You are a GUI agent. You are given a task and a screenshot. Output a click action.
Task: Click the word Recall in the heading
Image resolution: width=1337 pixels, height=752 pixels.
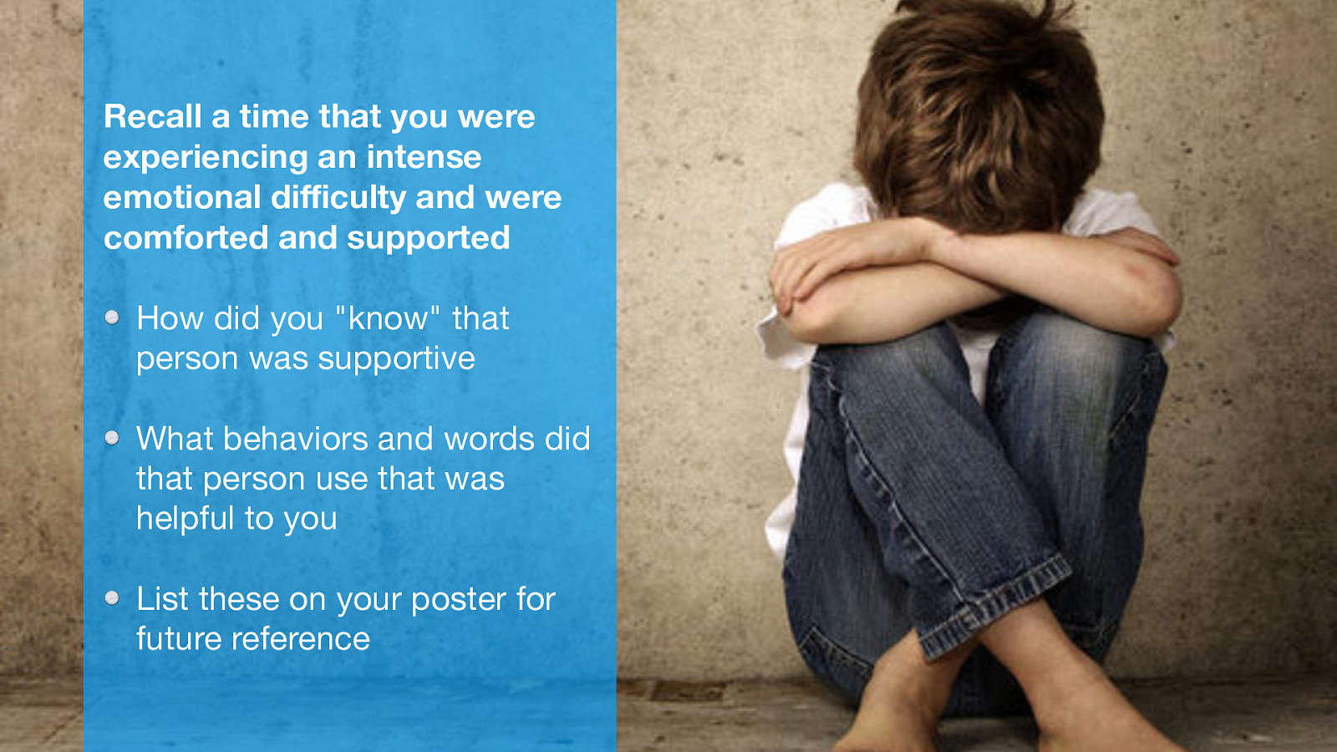(153, 116)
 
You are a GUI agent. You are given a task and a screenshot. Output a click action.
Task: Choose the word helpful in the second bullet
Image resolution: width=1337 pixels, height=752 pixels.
(186, 519)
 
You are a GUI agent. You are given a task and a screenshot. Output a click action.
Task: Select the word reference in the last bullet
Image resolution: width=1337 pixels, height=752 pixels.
(300, 639)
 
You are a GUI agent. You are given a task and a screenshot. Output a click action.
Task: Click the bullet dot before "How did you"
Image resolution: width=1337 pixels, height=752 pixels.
(112, 318)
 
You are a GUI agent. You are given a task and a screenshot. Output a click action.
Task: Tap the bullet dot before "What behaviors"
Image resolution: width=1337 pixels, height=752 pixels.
(112, 438)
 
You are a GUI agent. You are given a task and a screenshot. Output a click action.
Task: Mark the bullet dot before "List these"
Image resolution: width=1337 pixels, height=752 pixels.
(112, 598)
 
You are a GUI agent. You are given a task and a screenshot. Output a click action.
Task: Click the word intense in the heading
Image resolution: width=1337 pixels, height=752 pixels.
(424, 157)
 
